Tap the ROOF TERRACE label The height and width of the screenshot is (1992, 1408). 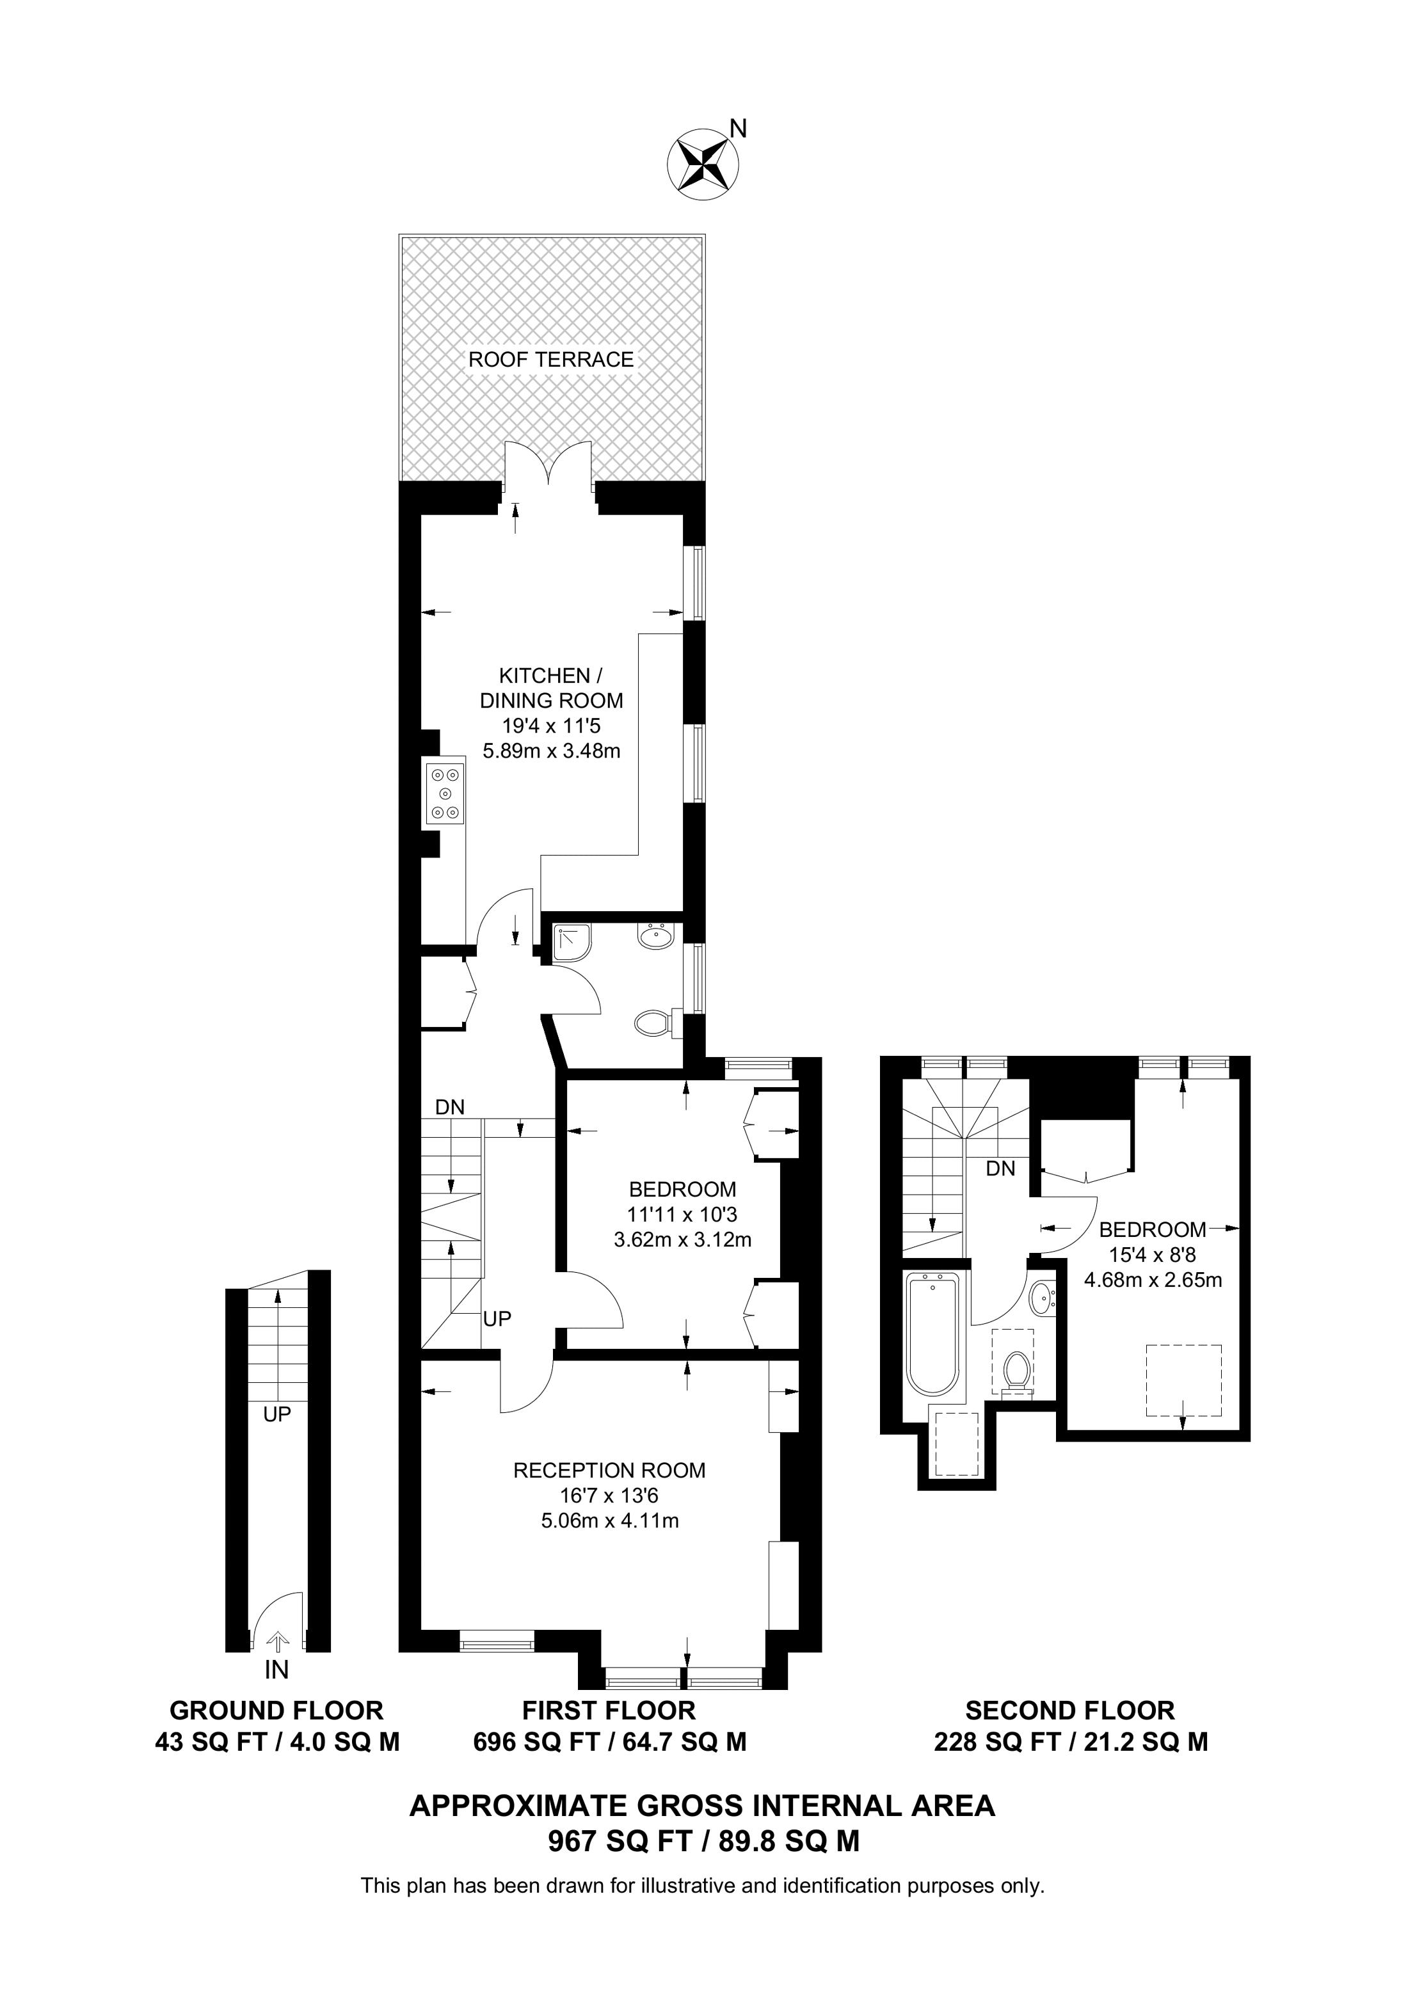coord(551,359)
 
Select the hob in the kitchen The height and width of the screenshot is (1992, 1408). coord(445,793)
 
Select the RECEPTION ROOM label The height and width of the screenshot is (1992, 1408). coord(609,1470)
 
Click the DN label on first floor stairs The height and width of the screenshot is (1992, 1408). coord(449,1107)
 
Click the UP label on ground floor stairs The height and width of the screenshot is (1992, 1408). coord(276,1414)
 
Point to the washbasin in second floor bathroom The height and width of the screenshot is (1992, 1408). coord(1041,1299)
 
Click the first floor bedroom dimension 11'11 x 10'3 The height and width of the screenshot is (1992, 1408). coord(682,1214)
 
